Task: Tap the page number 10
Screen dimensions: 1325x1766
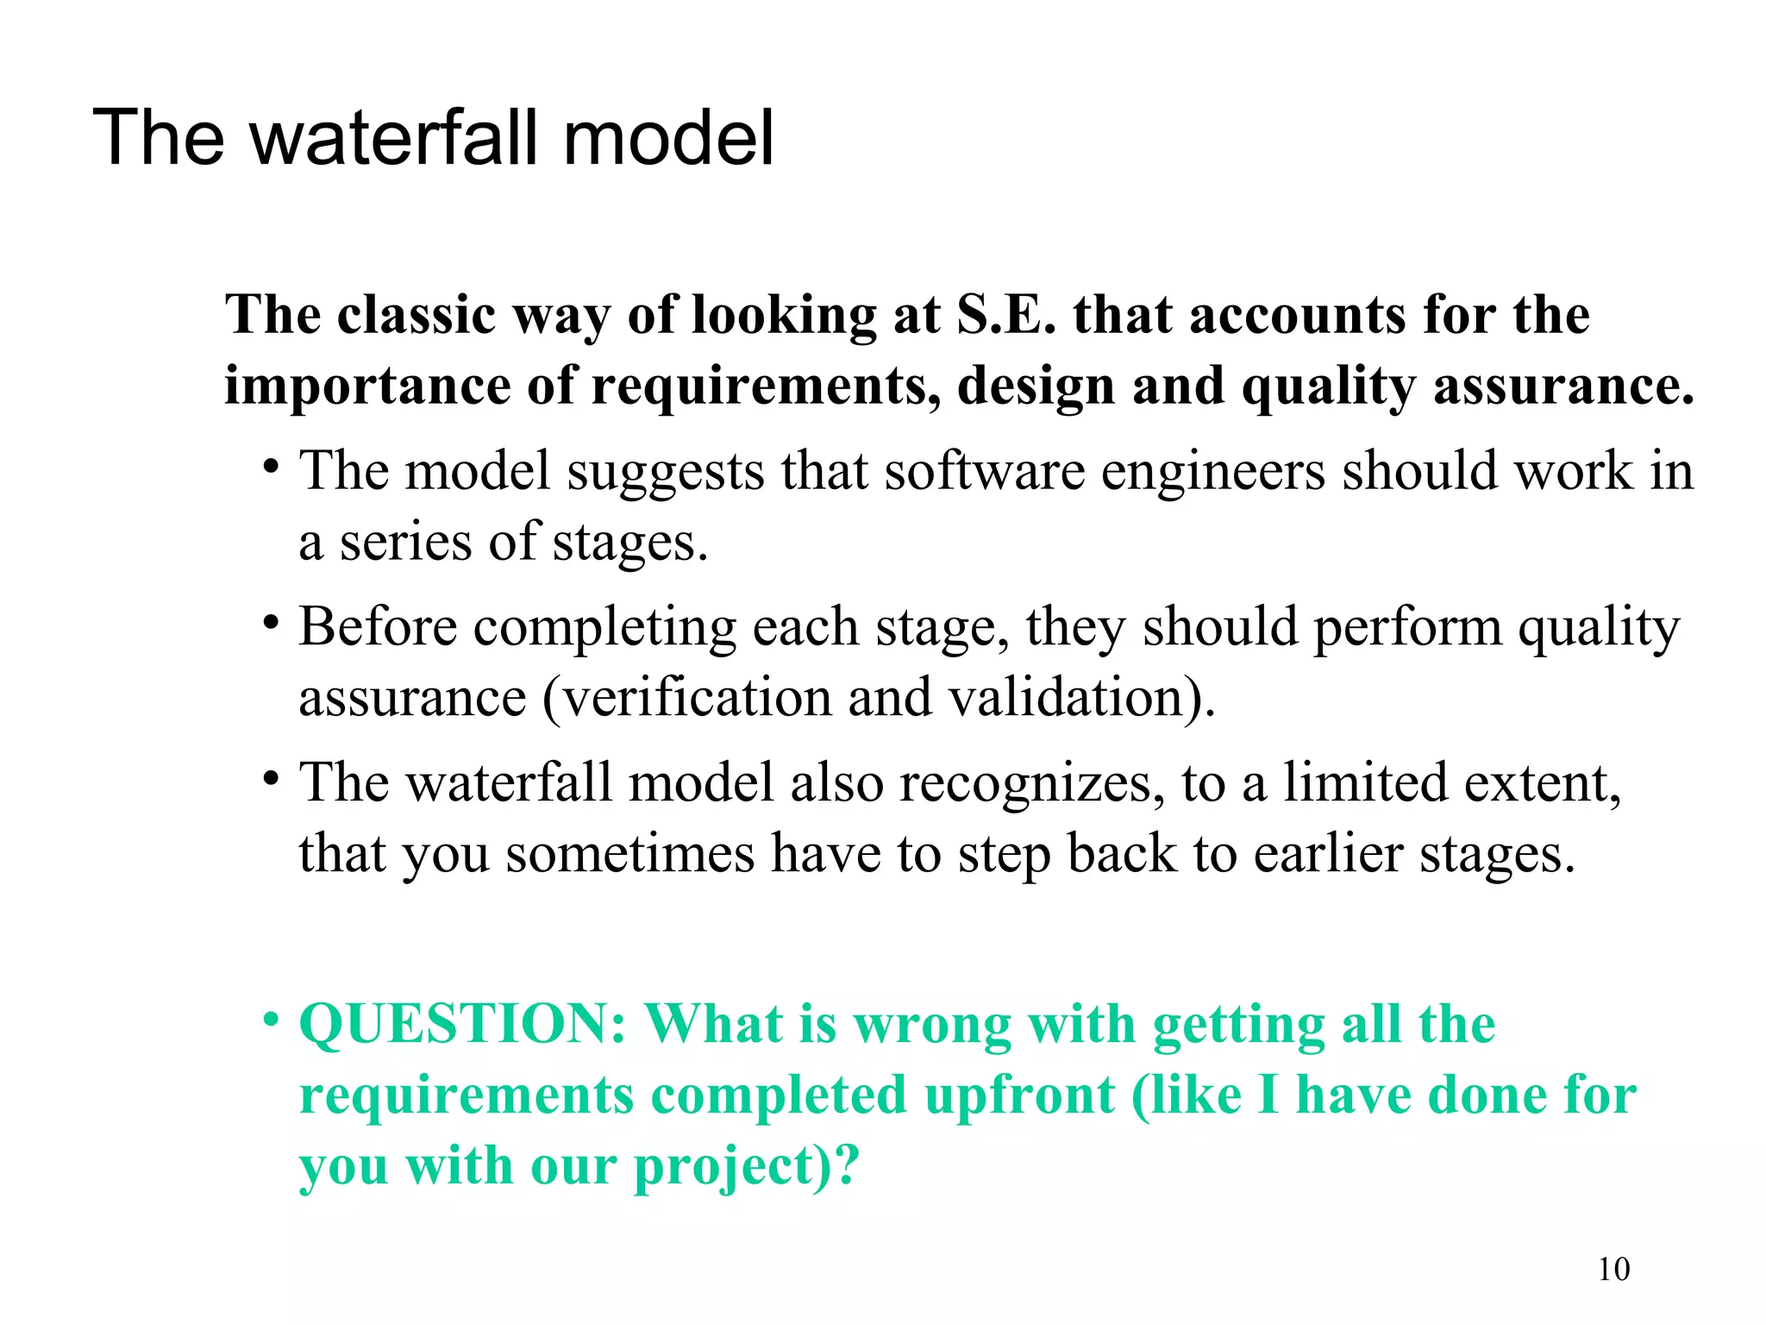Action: [x=1613, y=1269]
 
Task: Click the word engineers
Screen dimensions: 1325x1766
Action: [x=1212, y=472]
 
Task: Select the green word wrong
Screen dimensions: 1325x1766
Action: [x=932, y=1025]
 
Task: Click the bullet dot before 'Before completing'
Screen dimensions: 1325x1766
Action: [x=272, y=622]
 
